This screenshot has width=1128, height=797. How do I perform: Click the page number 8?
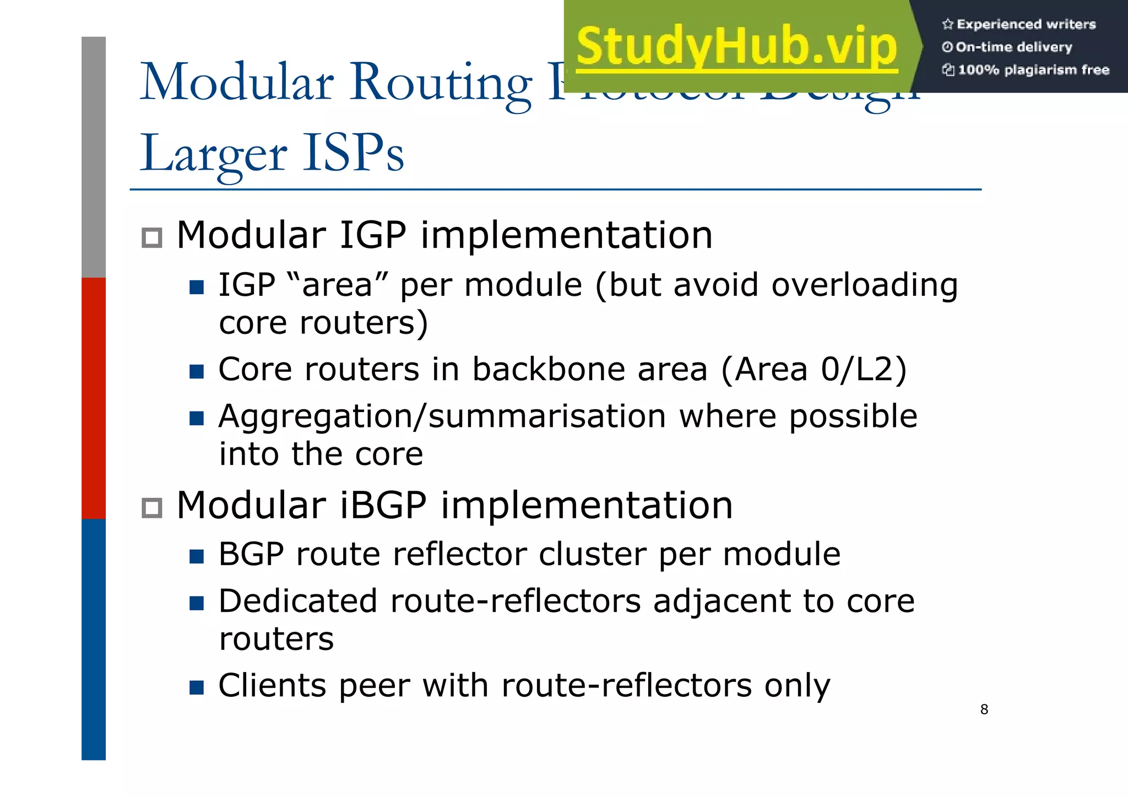coord(984,709)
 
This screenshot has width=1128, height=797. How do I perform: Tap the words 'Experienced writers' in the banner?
coord(1026,24)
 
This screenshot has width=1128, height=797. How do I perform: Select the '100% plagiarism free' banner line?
coord(1033,70)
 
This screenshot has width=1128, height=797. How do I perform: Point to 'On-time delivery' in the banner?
coord(1013,47)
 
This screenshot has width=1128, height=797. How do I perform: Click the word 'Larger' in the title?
coord(214,154)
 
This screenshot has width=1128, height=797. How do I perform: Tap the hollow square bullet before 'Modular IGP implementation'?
coord(152,238)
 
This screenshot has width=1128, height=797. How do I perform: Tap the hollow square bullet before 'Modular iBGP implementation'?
coord(152,508)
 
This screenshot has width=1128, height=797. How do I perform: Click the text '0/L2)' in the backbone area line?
coord(863,369)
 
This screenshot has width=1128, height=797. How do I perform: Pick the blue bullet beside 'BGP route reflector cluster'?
coord(197,556)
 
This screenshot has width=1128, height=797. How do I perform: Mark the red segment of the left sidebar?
coord(94,398)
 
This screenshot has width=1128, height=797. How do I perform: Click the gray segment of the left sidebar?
coord(94,157)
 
